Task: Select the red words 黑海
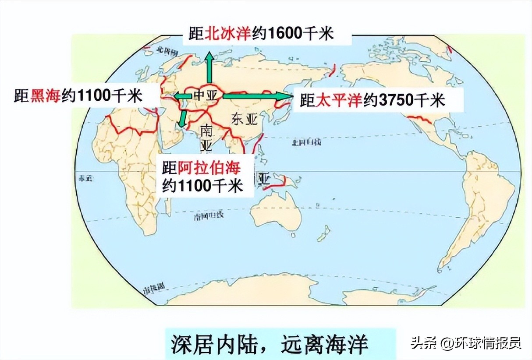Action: coord(45,96)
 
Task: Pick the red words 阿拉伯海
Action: coord(210,167)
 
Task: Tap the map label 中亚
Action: coord(202,95)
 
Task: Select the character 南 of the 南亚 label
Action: coord(206,130)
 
